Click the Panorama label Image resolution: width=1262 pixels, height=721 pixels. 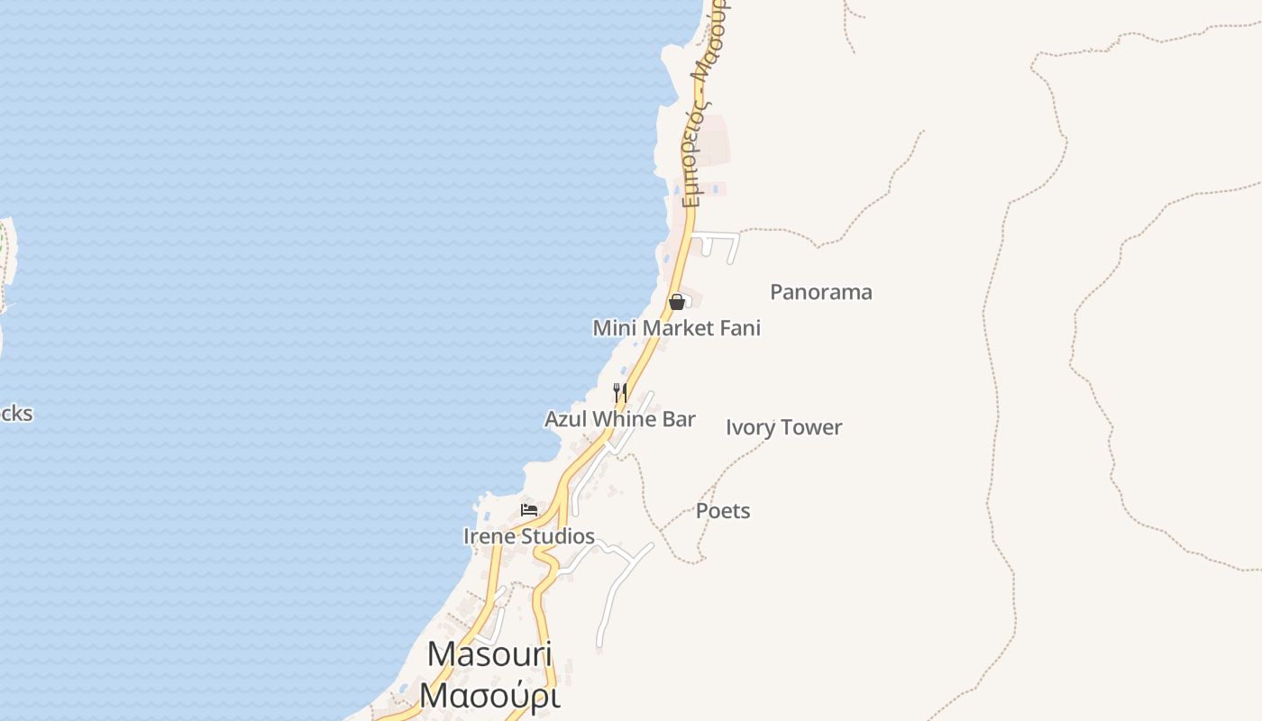pyautogui.click(x=820, y=292)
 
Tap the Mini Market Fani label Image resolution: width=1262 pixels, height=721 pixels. pyautogui.click(x=676, y=328)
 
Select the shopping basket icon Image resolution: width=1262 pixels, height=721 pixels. pyautogui.click(x=677, y=302)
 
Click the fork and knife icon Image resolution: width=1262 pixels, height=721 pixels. pyautogui.click(x=620, y=392)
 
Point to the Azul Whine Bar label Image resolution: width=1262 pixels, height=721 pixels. pyautogui.click(x=620, y=419)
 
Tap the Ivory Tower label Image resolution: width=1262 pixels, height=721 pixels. pyautogui.click(x=783, y=427)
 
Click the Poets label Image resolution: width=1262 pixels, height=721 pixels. pyautogui.click(x=723, y=511)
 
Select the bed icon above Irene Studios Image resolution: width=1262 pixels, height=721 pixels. pyautogui.click(x=529, y=510)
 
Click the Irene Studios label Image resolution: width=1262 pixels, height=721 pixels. pyautogui.click(x=528, y=536)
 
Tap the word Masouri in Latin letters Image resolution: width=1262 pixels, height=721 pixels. pyautogui.click(x=489, y=653)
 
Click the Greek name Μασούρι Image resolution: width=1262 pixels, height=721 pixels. pyautogui.click(x=489, y=695)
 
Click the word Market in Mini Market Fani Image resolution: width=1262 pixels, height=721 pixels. pyautogui.click(x=678, y=328)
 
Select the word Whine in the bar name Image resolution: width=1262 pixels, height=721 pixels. pyautogui.click(x=621, y=419)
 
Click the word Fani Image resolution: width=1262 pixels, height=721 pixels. pyautogui.click(x=740, y=328)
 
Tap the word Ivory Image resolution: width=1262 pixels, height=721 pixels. pyautogui.click(x=750, y=427)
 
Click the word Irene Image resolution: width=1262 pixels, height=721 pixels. pyautogui.click(x=489, y=536)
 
